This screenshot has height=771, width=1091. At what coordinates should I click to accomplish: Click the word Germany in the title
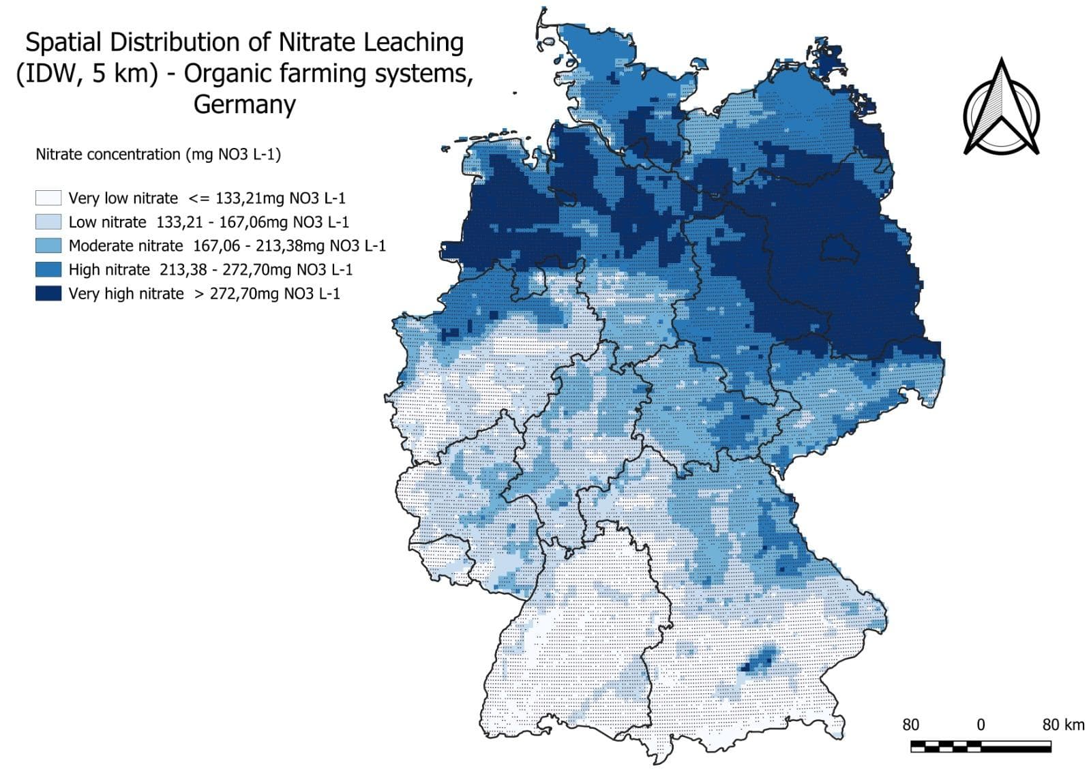pos(244,104)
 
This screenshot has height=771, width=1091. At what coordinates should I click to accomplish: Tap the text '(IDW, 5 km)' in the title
pos(87,73)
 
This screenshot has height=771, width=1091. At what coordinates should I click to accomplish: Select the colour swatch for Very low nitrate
pos(48,198)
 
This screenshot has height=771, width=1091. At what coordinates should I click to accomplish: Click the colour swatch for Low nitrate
pos(48,222)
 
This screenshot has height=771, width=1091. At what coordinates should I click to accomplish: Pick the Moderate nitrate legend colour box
pos(48,246)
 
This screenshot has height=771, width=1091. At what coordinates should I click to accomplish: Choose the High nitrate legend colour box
pos(48,270)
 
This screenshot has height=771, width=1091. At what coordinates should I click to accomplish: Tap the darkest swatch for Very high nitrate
pos(48,294)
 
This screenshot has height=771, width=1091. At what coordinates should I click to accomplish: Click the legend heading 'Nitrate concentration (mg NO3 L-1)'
pos(158,154)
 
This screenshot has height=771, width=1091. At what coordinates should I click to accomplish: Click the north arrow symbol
pos(1001,109)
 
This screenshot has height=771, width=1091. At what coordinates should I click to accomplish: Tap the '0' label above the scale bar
pos(981,725)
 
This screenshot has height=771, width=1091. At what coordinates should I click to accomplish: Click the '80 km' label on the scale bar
pos(1062,725)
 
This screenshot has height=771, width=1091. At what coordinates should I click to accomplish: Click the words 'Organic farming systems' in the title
pos(327,73)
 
